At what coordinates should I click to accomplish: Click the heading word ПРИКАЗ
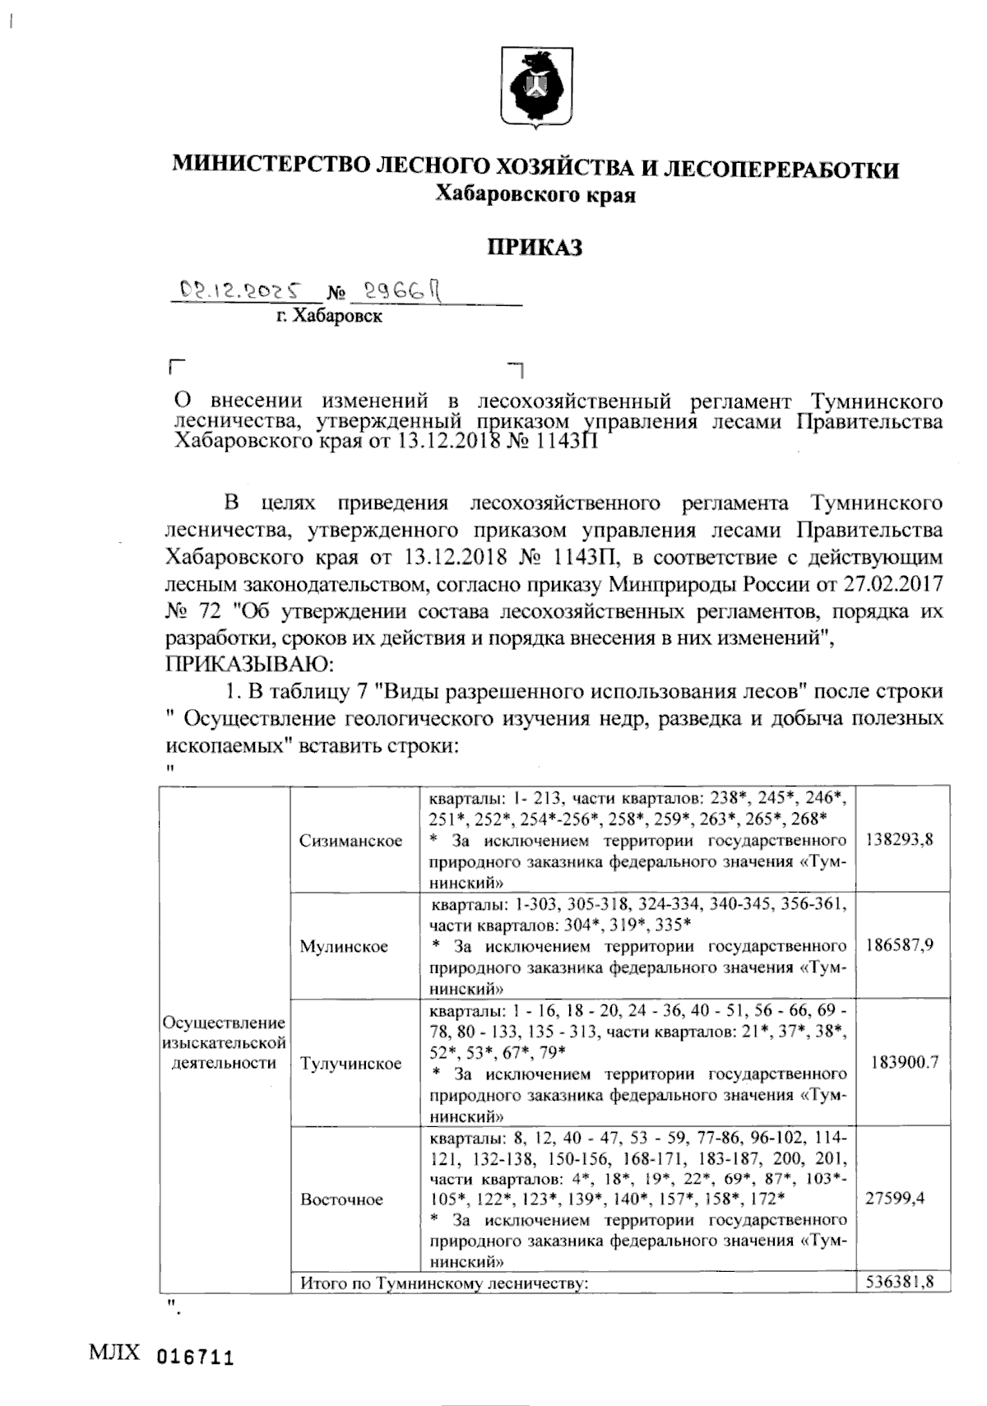coord(535,247)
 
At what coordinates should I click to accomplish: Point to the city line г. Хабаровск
coord(329,316)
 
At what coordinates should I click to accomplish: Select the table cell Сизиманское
coord(351,840)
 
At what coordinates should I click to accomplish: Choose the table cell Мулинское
coord(344,946)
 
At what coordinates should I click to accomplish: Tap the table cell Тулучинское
coord(351,1063)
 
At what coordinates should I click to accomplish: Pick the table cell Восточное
coord(341,1199)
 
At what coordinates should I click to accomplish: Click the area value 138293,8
coord(900,840)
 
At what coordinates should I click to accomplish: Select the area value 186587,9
coord(900,945)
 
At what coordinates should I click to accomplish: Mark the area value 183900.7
coord(904,1062)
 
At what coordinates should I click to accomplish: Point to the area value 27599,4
coord(895,1198)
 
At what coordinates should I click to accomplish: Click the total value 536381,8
coord(900,1282)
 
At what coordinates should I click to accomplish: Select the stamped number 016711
coord(195,1357)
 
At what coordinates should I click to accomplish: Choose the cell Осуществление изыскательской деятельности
coord(225,1042)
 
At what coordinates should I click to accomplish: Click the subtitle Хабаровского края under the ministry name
coord(535,195)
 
